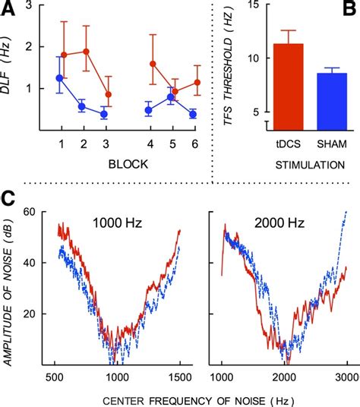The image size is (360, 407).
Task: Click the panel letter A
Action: [x=9, y=8]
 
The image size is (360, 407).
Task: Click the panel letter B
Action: [x=349, y=8]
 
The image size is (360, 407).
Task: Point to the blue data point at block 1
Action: [x=60, y=78]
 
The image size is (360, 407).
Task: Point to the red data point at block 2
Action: [x=86, y=52]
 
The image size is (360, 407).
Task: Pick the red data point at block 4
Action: [x=153, y=65]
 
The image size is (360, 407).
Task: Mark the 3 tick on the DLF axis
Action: [x=30, y=7]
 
